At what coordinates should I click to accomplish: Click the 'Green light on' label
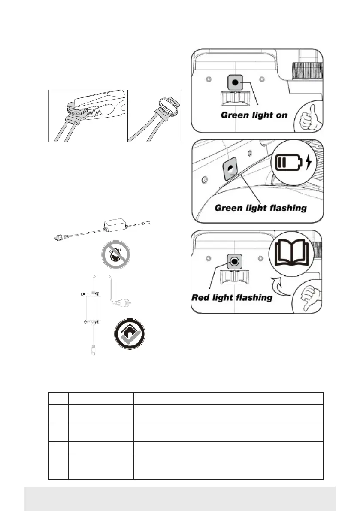point(254,115)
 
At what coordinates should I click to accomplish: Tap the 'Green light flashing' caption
point(260,208)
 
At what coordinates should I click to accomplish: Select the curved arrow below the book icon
point(278,284)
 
